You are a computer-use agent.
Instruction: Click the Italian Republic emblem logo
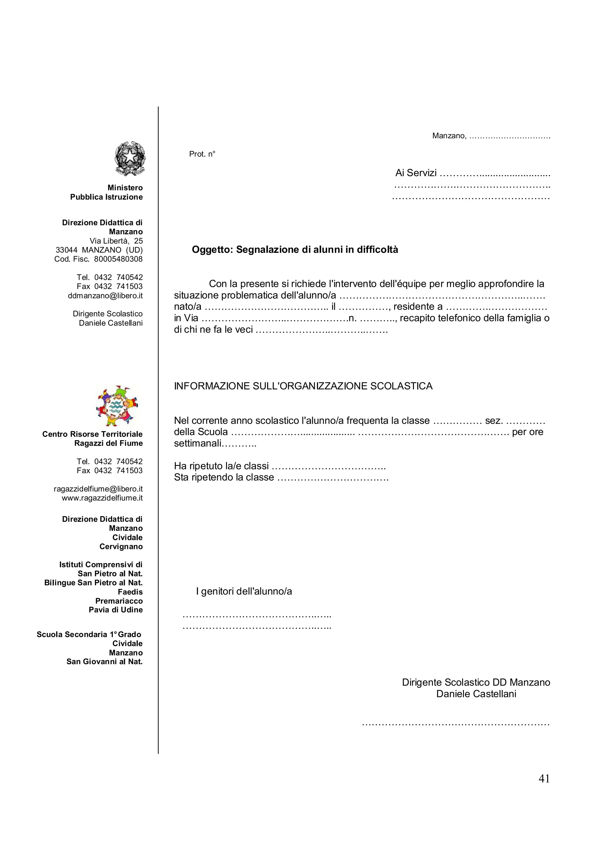pyautogui.click(x=130, y=159)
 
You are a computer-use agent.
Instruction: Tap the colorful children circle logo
pyautogui.click(x=117, y=405)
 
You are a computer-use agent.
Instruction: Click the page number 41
pyautogui.click(x=544, y=779)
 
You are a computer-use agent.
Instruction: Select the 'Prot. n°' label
pyautogui.click(x=202, y=154)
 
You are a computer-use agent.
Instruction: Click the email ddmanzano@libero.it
pyautogui.click(x=105, y=296)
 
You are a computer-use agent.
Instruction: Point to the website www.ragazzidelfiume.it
pyautogui.click(x=102, y=498)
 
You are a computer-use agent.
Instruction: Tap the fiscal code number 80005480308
pyautogui.click(x=118, y=259)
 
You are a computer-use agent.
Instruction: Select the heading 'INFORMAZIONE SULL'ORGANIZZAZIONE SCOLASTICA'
pyautogui.click(x=303, y=386)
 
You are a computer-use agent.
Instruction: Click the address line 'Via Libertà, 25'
pyautogui.click(x=116, y=241)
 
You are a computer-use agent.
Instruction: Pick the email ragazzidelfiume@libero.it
pyautogui.click(x=98, y=489)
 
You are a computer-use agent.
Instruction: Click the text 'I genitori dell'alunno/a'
pyautogui.click(x=244, y=591)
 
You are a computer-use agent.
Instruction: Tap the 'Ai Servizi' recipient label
pyautogui.click(x=415, y=173)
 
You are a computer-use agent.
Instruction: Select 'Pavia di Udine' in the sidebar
pyautogui.click(x=116, y=610)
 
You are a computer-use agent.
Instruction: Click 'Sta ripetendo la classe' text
pyautogui.click(x=224, y=477)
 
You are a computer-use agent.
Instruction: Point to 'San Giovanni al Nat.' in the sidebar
pyautogui.click(x=104, y=662)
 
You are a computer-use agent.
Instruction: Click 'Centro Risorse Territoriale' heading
pyautogui.click(x=92, y=434)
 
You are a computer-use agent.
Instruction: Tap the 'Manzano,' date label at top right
pyautogui.click(x=449, y=136)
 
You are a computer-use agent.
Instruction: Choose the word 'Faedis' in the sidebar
pyautogui.click(x=130, y=592)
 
